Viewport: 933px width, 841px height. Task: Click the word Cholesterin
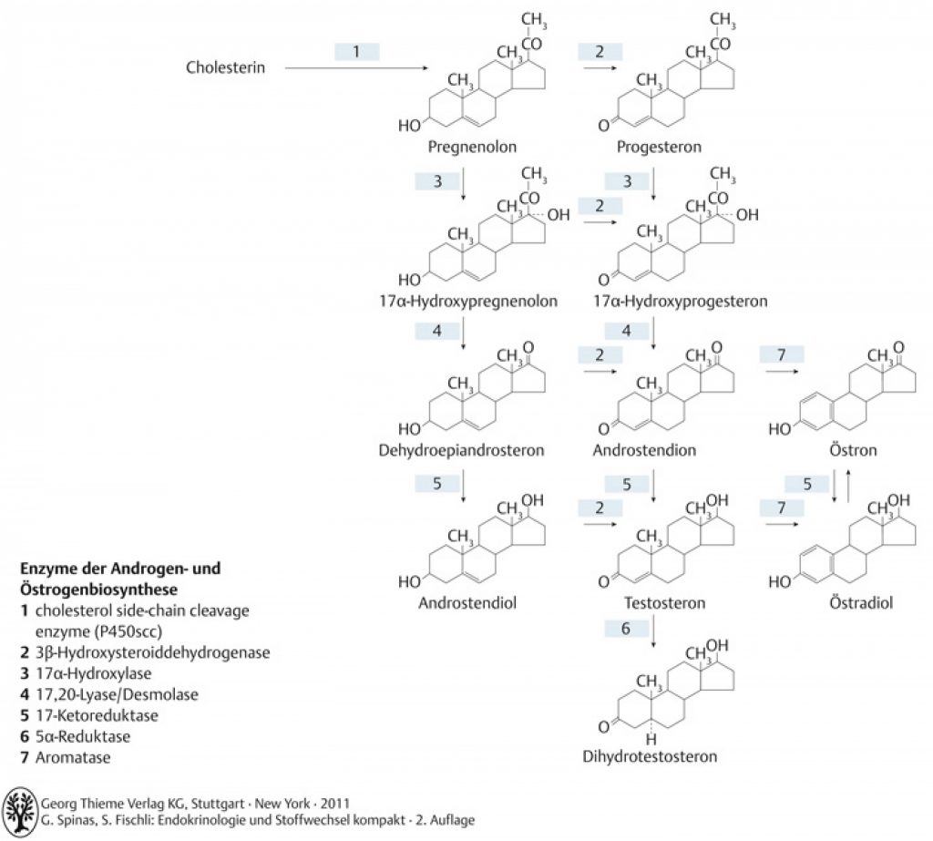pos(226,67)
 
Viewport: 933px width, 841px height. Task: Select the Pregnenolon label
pos(473,147)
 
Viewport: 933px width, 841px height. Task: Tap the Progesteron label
pos(659,147)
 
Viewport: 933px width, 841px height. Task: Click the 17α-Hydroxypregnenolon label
pos(468,302)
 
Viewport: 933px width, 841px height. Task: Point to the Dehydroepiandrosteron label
pos(461,450)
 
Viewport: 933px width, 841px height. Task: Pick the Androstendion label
pos(644,450)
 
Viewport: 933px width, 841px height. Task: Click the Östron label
pos(853,449)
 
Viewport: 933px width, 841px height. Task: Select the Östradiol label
pos(861,602)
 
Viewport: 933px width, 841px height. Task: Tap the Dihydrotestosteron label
pos(650,756)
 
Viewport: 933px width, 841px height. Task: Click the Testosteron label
pos(664,603)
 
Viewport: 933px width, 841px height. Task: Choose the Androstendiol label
pos(467,603)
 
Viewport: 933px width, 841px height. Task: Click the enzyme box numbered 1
pos(357,52)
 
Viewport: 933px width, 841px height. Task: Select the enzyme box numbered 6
pos(626,629)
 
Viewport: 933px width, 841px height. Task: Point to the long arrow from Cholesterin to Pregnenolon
pos(356,67)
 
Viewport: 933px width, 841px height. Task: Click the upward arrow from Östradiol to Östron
pos(847,486)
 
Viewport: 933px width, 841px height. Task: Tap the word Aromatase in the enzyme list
pos(73,758)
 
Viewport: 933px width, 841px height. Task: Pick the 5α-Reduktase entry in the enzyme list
pos(83,736)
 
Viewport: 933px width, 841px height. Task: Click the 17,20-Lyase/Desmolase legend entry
pos(117,694)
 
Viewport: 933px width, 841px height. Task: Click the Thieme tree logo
pos(20,810)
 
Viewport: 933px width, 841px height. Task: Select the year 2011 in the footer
pos(335,804)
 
